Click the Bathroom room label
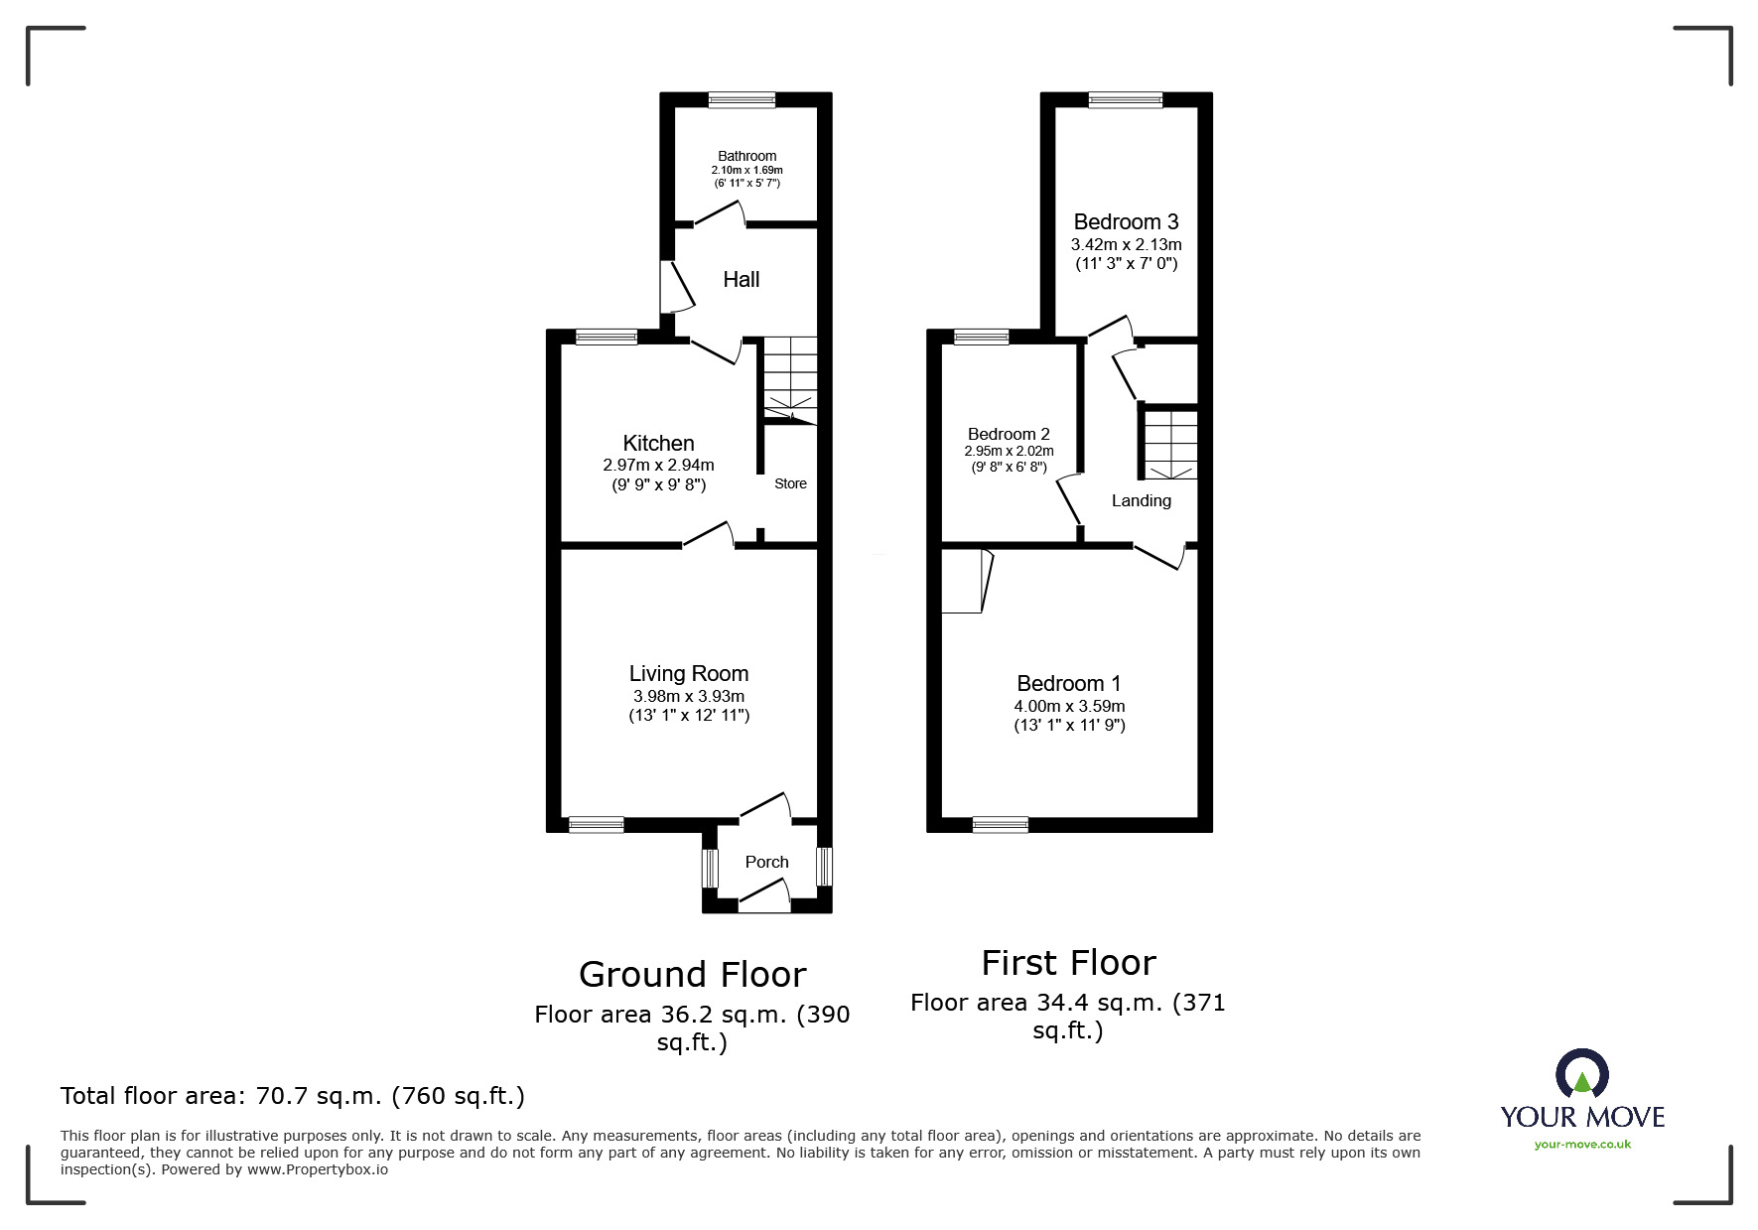click(x=746, y=156)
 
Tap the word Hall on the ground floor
click(x=741, y=280)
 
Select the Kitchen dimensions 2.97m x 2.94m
click(x=658, y=465)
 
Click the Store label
click(x=790, y=483)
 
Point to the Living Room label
click(x=688, y=674)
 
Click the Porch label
click(x=766, y=862)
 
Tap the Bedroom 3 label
click(x=1126, y=222)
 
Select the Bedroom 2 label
click(x=1009, y=434)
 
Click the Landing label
click(x=1141, y=500)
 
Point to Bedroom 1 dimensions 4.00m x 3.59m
click(x=1069, y=706)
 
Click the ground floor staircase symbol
click(x=790, y=380)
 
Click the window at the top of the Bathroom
click(x=742, y=98)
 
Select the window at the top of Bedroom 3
click(x=1125, y=98)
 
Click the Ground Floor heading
click(x=692, y=974)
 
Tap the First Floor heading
click(x=1068, y=963)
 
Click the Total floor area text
click(x=293, y=1096)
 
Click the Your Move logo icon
click(x=1581, y=1075)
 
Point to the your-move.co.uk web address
click(x=1582, y=1145)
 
